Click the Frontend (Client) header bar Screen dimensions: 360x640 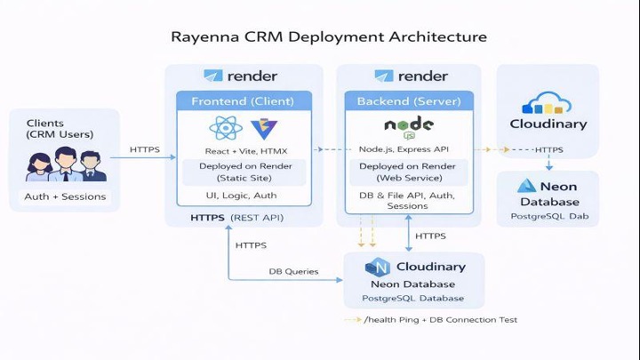coord(244,101)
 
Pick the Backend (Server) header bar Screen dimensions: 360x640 coord(408,101)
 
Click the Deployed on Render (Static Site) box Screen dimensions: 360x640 coord(244,172)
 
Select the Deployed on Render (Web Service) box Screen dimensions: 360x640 coord(408,172)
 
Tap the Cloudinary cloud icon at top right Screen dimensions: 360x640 coord(548,104)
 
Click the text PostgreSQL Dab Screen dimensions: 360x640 coord(548,217)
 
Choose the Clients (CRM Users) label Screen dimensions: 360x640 coord(59,129)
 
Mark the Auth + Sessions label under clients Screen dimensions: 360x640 coord(64,196)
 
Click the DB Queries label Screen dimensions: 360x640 coord(293,271)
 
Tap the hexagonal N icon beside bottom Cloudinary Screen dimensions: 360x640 coord(378,268)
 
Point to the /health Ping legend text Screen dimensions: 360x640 coord(439,320)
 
